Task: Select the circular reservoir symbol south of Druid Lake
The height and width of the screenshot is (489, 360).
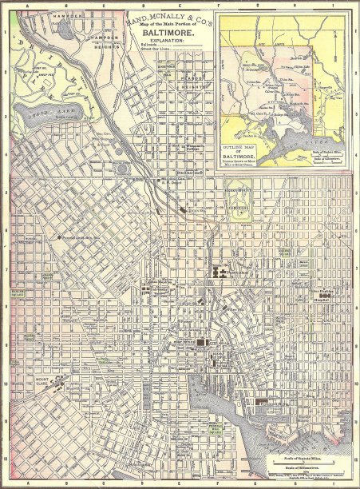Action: tap(121, 169)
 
